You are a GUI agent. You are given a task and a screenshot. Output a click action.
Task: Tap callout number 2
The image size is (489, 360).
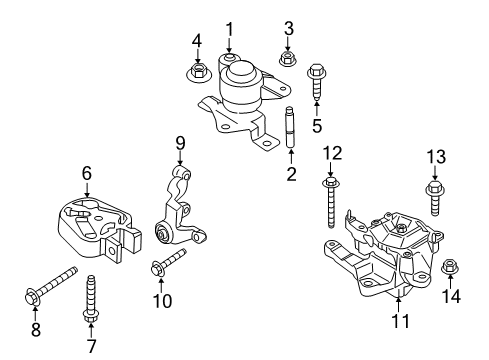pos(291,175)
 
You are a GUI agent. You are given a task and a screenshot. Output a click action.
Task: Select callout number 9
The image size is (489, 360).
pos(181,142)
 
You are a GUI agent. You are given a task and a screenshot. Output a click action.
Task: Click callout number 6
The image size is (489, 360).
pos(86,173)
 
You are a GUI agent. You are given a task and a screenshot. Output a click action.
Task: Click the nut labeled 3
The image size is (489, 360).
pos(288,58)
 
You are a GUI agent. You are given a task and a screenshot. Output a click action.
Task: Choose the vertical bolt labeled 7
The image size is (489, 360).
pos(91,299)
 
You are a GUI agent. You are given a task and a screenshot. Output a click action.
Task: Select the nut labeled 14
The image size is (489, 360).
pos(449,267)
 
